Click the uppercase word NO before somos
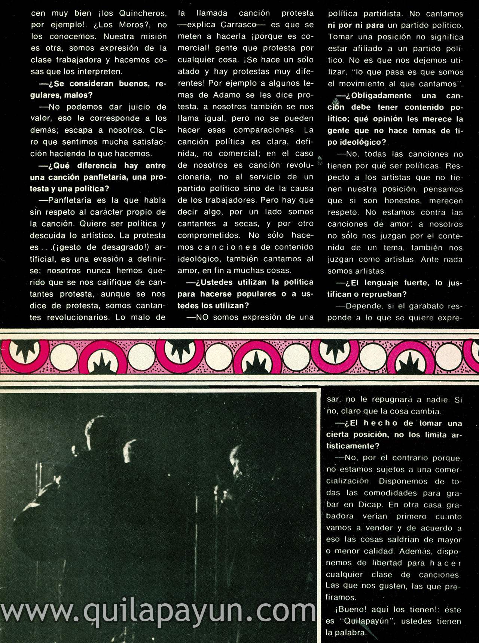coord(202,317)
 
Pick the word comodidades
coord(390,493)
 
